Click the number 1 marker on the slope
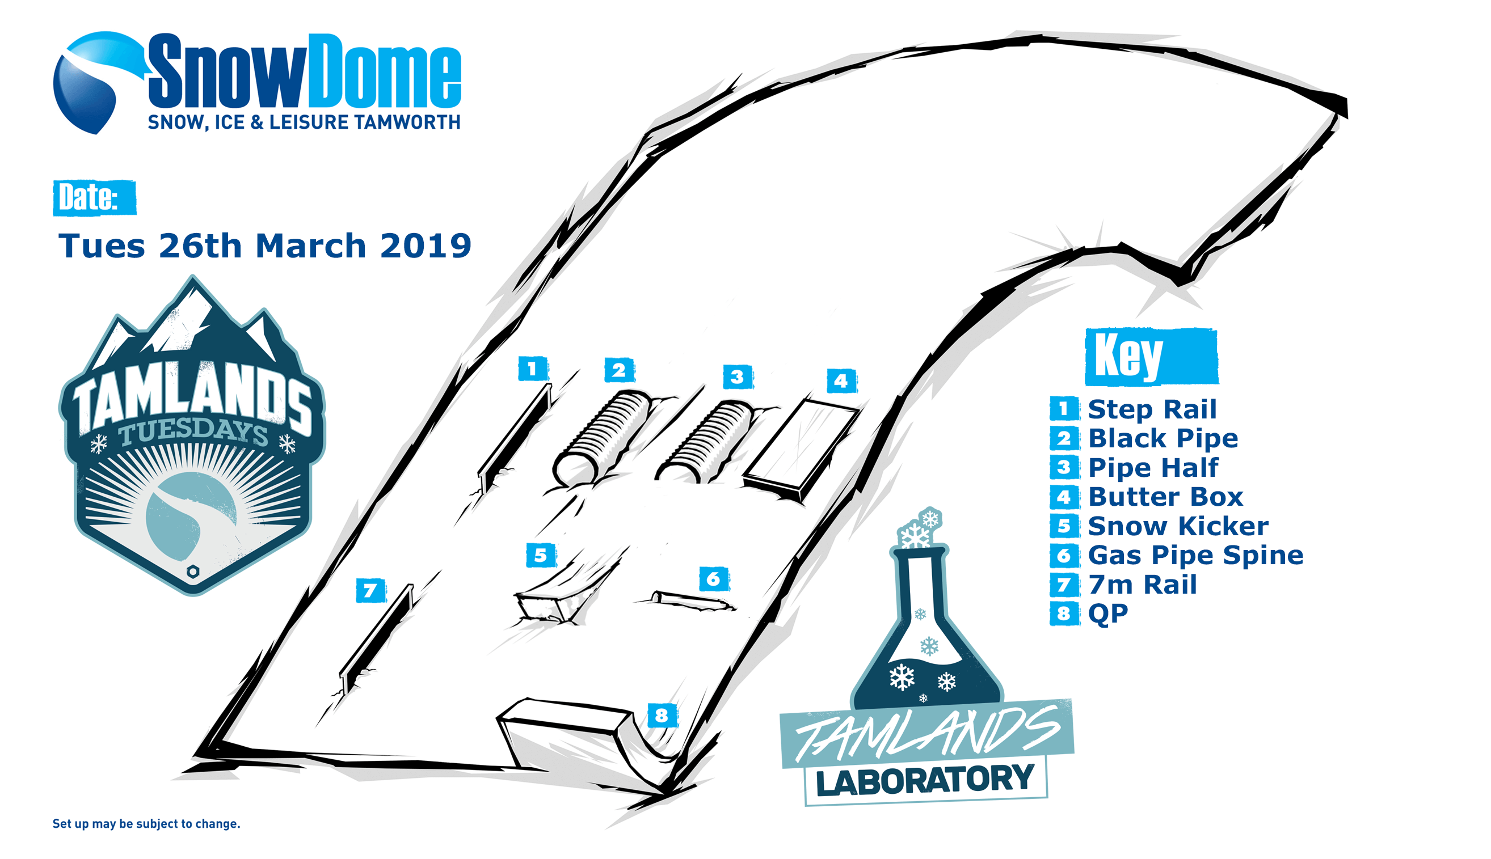click(x=533, y=369)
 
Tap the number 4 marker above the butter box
click(x=841, y=381)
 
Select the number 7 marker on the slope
click(x=370, y=591)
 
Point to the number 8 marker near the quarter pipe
click(x=662, y=716)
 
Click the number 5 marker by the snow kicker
click(x=541, y=555)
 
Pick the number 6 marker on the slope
click(x=714, y=579)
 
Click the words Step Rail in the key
click(x=1152, y=409)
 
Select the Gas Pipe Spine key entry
click(x=1195, y=555)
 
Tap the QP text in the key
click(x=1108, y=613)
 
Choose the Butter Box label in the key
click(x=1165, y=497)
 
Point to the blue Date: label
click(x=94, y=198)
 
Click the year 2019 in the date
click(x=426, y=246)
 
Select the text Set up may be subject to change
click(x=146, y=824)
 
